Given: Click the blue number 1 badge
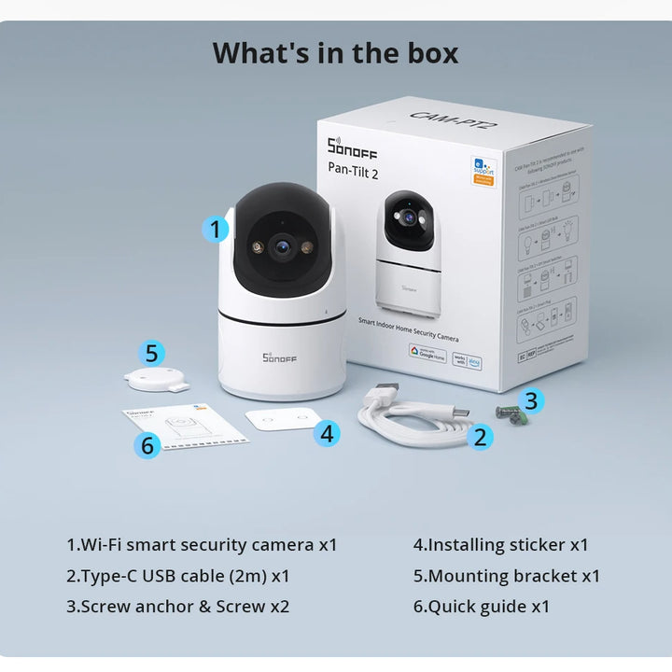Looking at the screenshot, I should click(x=216, y=229).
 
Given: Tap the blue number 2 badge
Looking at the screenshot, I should click(x=481, y=436).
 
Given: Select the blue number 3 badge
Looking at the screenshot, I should click(x=531, y=401).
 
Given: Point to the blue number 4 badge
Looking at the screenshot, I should click(x=327, y=433).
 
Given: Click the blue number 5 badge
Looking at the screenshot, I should click(x=153, y=354).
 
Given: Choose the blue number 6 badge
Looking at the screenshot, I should click(x=147, y=445).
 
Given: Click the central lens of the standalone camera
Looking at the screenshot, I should click(x=280, y=246).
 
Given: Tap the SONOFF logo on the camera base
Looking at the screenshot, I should click(x=279, y=357).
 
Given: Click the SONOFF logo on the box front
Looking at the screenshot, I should click(x=352, y=147).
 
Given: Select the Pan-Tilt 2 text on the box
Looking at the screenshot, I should click(x=353, y=169).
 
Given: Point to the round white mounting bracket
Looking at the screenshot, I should click(x=156, y=379).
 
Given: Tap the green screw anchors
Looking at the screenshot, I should click(x=509, y=413).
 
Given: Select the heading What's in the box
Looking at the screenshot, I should click(x=336, y=52).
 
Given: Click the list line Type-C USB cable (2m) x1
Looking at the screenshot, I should click(x=177, y=576).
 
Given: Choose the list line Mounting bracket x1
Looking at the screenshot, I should click(x=507, y=576).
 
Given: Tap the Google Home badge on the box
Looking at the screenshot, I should click(x=427, y=352).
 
